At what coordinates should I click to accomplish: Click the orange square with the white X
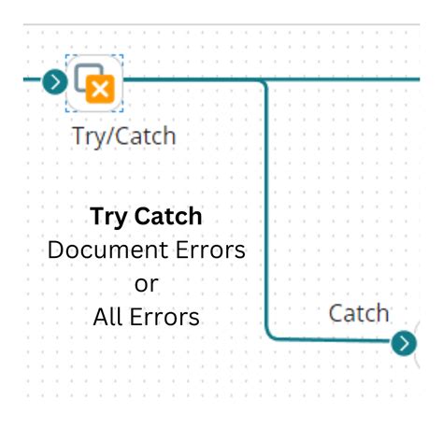pyautogui.click(x=100, y=90)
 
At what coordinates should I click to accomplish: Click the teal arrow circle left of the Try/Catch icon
pyautogui.click(x=54, y=81)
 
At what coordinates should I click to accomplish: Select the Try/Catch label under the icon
pyautogui.click(x=123, y=136)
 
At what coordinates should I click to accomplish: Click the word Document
pyautogui.click(x=102, y=250)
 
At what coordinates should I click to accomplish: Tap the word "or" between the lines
pyautogui.click(x=147, y=283)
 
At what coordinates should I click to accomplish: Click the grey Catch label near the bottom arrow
pyautogui.click(x=358, y=313)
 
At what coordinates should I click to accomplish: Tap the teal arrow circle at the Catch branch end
pyautogui.click(x=404, y=343)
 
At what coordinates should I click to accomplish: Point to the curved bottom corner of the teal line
pyautogui.click(x=272, y=335)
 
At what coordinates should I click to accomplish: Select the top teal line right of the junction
pyautogui.click(x=346, y=80)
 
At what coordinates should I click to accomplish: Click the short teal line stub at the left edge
pyautogui.click(x=32, y=81)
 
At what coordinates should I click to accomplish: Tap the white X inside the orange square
pyautogui.click(x=100, y=90)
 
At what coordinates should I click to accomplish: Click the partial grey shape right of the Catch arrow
pyautogui.click(x=416, y=343)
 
